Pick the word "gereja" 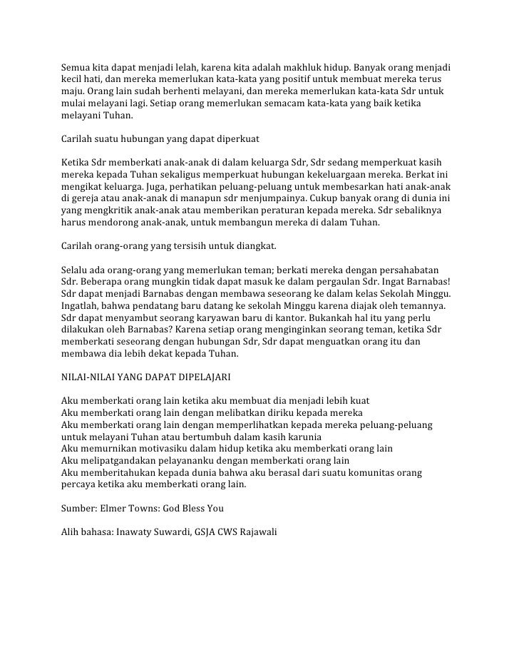88,200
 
